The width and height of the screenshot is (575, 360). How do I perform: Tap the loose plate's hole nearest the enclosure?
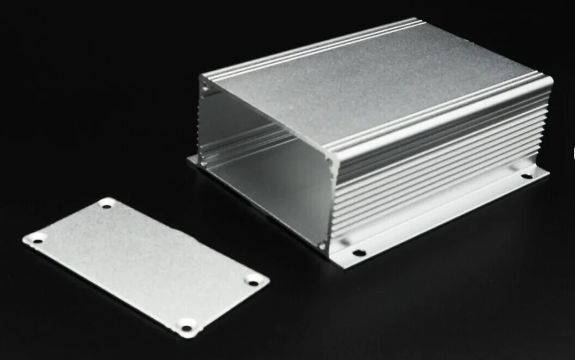[107, 204]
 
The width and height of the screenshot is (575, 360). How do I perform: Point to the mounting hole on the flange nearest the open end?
[358, 252]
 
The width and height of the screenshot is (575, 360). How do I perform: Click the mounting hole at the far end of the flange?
[527, 175]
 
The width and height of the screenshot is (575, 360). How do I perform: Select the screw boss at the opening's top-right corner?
[329, 162]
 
